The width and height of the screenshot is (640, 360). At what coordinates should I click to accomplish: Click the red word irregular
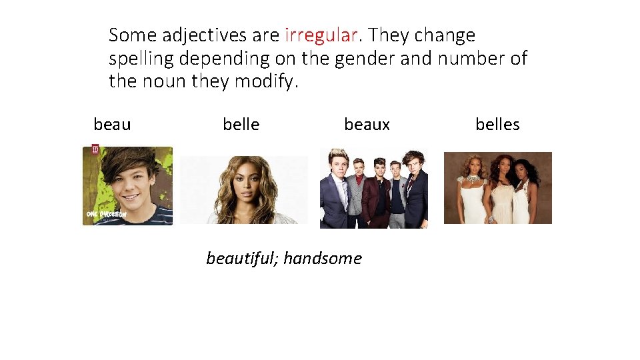click(321, 35)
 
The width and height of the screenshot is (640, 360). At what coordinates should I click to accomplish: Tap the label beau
click(112, 125)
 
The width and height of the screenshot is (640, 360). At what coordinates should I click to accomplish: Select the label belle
click(241, 125)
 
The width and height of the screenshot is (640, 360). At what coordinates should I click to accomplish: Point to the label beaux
click(367, 125)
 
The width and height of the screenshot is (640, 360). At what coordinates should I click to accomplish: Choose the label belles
click(497, 125)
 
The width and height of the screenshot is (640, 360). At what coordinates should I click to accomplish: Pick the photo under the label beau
click(127, 186)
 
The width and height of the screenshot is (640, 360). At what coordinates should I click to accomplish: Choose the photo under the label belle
click(244, 190)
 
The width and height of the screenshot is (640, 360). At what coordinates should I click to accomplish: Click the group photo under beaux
click(374, 189)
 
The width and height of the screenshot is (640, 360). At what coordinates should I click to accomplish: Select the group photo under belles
click(497, 188)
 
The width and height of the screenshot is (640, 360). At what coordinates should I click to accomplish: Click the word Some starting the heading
click(133, 35)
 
